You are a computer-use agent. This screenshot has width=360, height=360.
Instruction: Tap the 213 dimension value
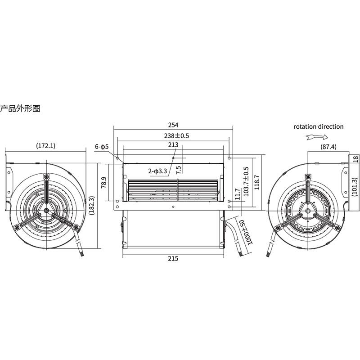(x=173, y=144)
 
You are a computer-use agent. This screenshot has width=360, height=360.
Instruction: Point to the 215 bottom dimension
(x=173, y=258)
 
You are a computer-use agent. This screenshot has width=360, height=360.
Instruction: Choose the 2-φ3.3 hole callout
(x=158, y=171)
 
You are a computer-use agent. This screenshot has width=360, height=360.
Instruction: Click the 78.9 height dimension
(x=104, y=183)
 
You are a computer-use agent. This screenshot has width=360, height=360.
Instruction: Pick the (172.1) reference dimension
(x=45, y=145)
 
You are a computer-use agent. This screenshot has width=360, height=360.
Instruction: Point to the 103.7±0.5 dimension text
(x=246, y=182)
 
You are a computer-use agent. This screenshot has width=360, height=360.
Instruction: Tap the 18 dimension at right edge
(x=355, y=158)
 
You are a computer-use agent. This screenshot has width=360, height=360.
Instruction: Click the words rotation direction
(x=319, y=126)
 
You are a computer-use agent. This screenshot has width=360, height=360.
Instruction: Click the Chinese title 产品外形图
(x=20, y=108)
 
